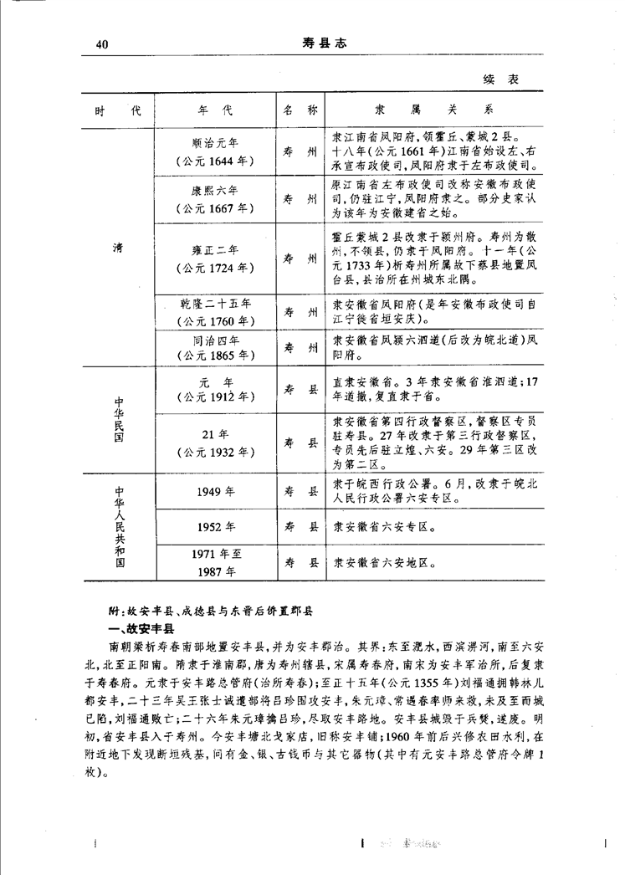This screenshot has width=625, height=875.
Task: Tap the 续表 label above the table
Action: pos(501,79)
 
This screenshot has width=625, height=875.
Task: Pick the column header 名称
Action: pos(300,110)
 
